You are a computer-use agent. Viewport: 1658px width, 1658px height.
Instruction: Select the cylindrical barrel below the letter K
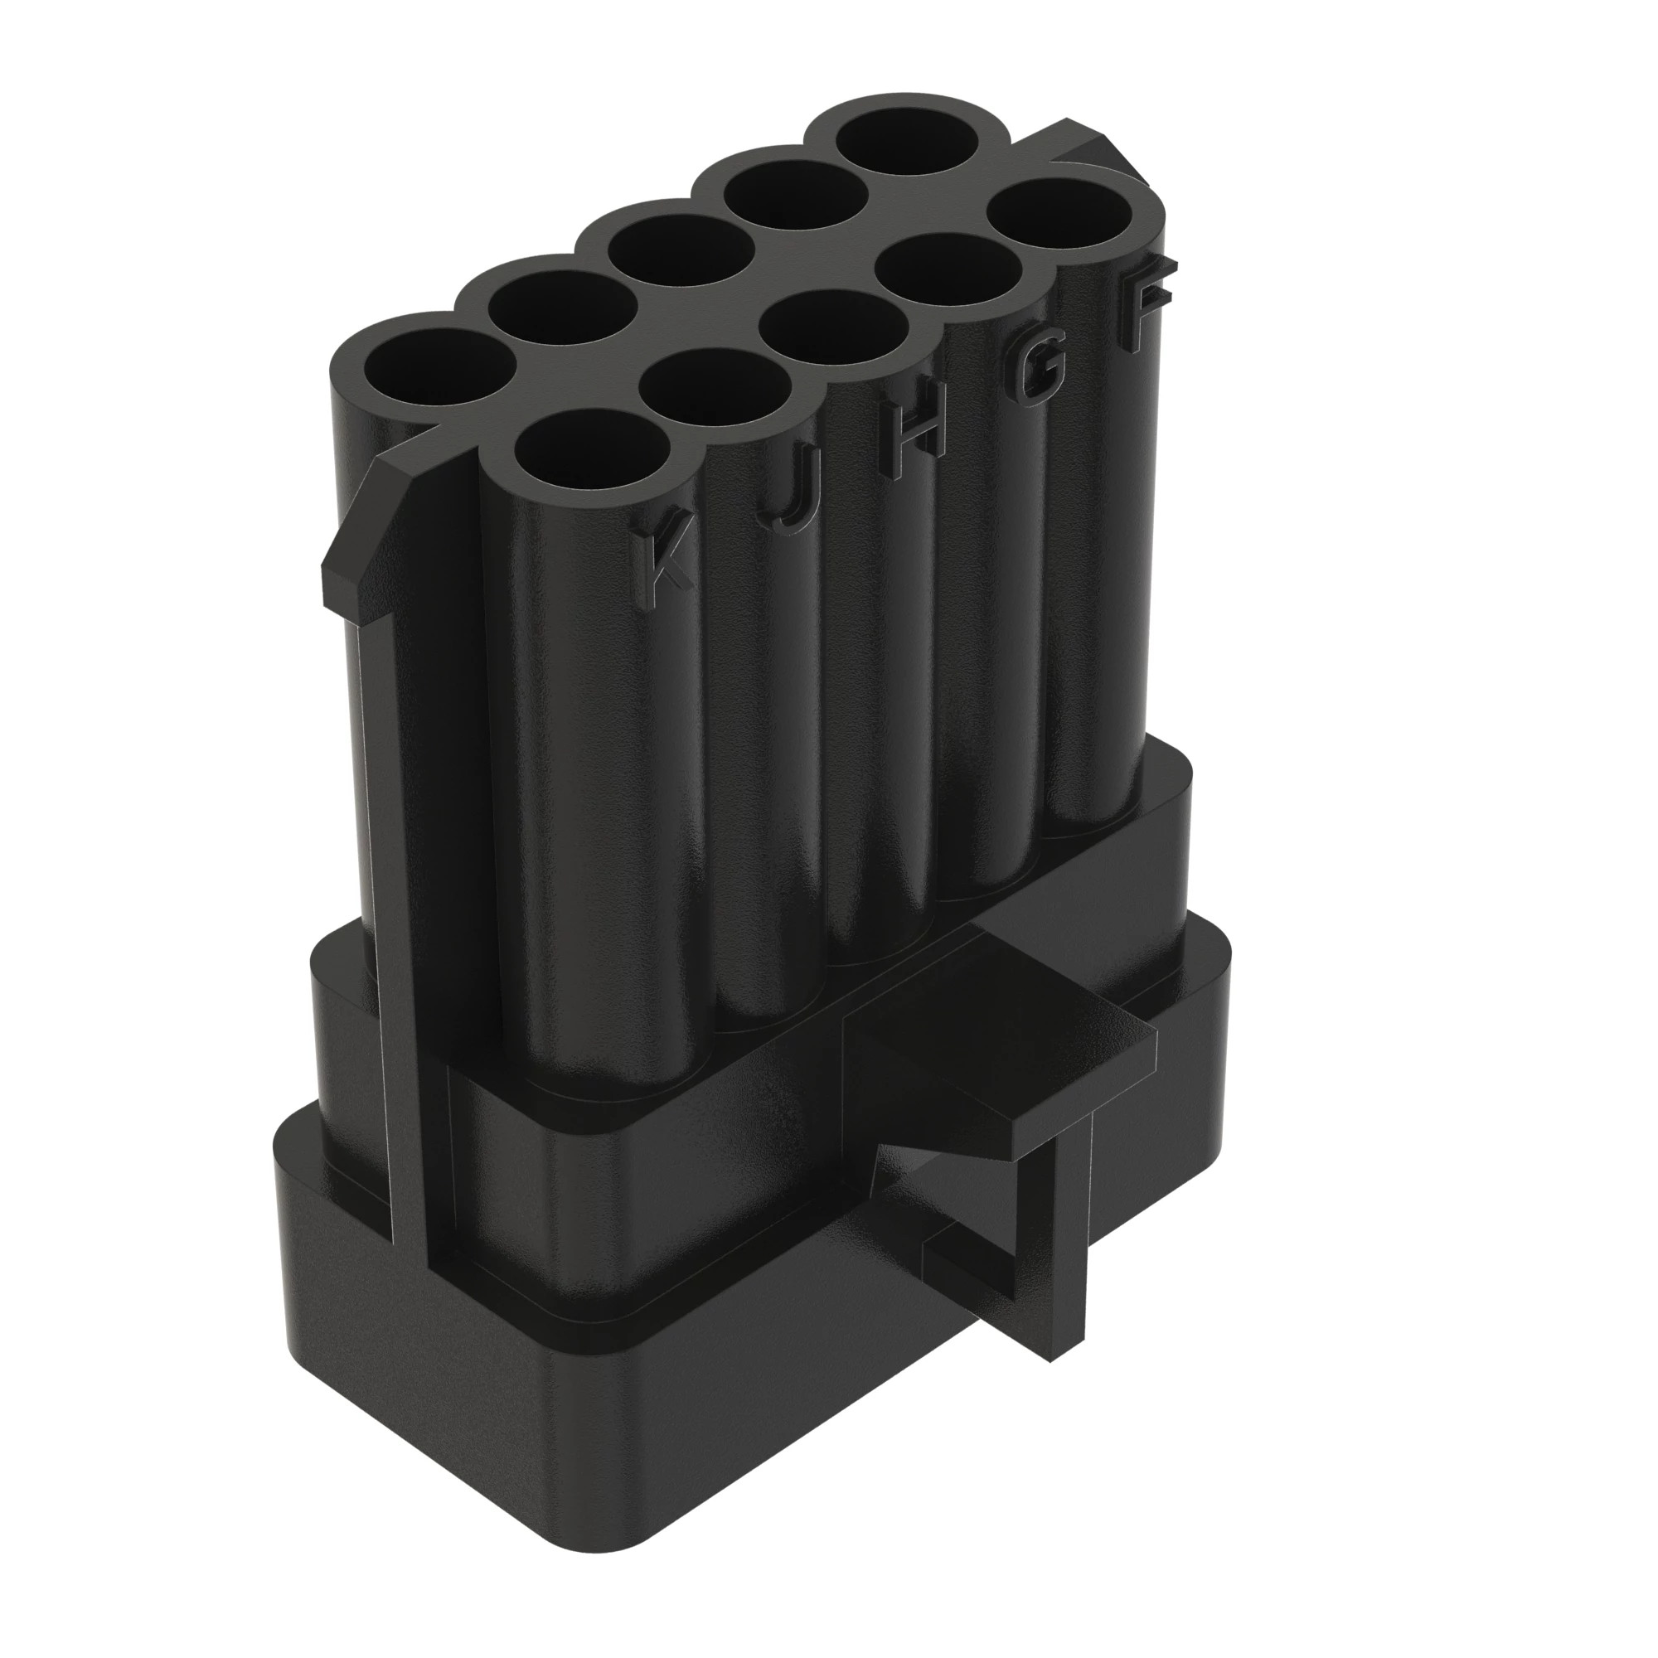pos(601,815)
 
